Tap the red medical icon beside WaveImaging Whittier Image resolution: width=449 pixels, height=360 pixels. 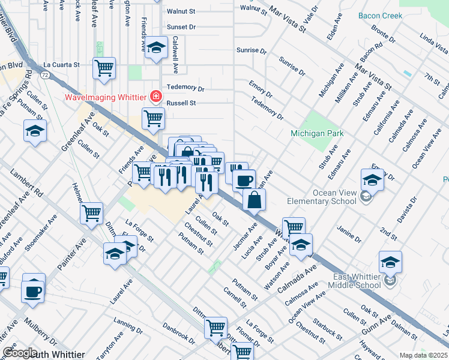pos(156,96)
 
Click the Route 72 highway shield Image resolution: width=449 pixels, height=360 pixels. pos(45,74)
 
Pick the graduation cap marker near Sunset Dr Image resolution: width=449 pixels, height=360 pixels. pos(156,49)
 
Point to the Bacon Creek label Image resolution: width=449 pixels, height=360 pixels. pos(380,16)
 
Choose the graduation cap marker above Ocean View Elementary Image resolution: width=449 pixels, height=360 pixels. pos(372,179)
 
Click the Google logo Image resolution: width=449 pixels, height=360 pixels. pos(20,353)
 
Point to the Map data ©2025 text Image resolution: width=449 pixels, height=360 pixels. pos(423,355)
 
